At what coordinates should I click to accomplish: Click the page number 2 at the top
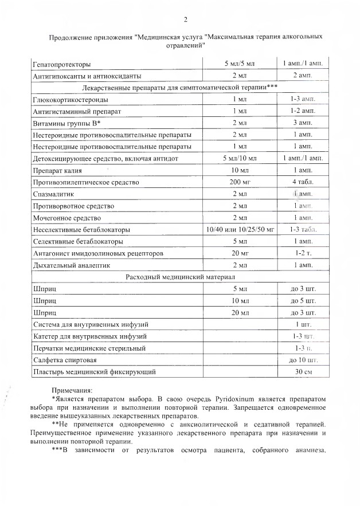pyautogui.click(x=185, y=21)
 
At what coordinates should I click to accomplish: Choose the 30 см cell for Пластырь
pyautogui.click(x=303, y=372)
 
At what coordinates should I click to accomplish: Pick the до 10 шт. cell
pyautogui.click(x=303, y=360)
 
